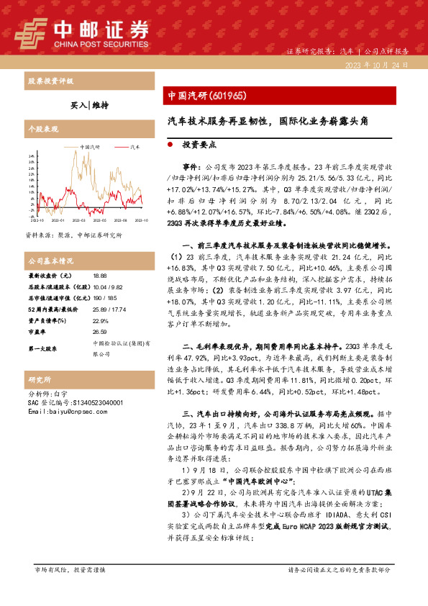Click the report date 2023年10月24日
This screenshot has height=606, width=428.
pos(377,64)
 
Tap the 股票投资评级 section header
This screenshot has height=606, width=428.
pos(50,81)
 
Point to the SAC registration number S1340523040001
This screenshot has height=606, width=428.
pos(76,403)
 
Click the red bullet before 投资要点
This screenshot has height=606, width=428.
pos(169,144)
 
